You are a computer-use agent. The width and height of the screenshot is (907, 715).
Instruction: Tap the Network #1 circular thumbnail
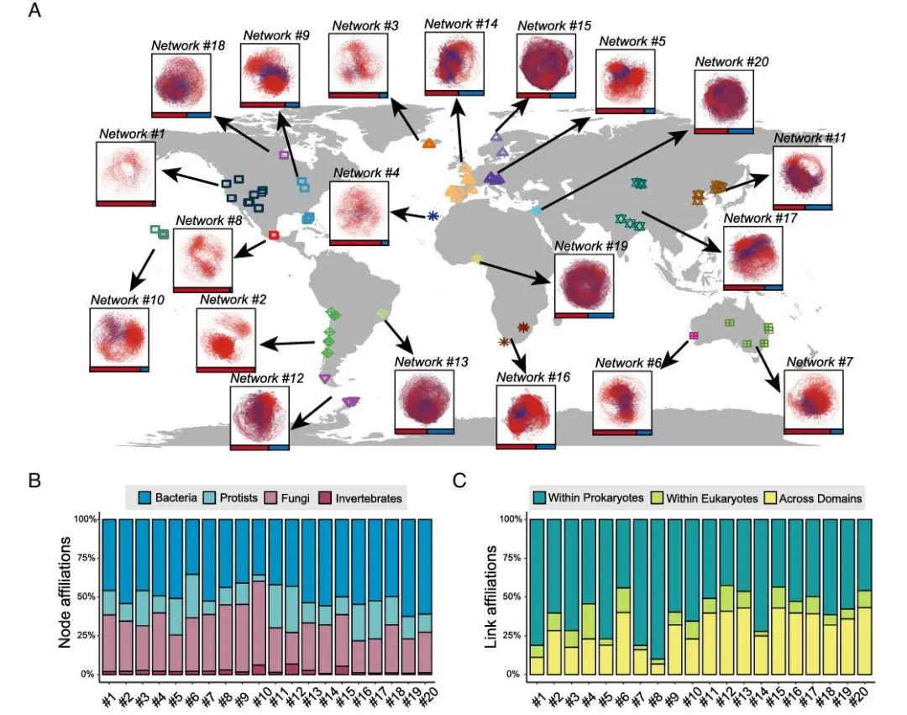pos(126,172)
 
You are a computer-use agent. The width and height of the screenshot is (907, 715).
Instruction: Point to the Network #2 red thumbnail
pos(225,338)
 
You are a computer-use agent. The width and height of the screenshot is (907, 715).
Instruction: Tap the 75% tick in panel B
pos(87,558)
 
